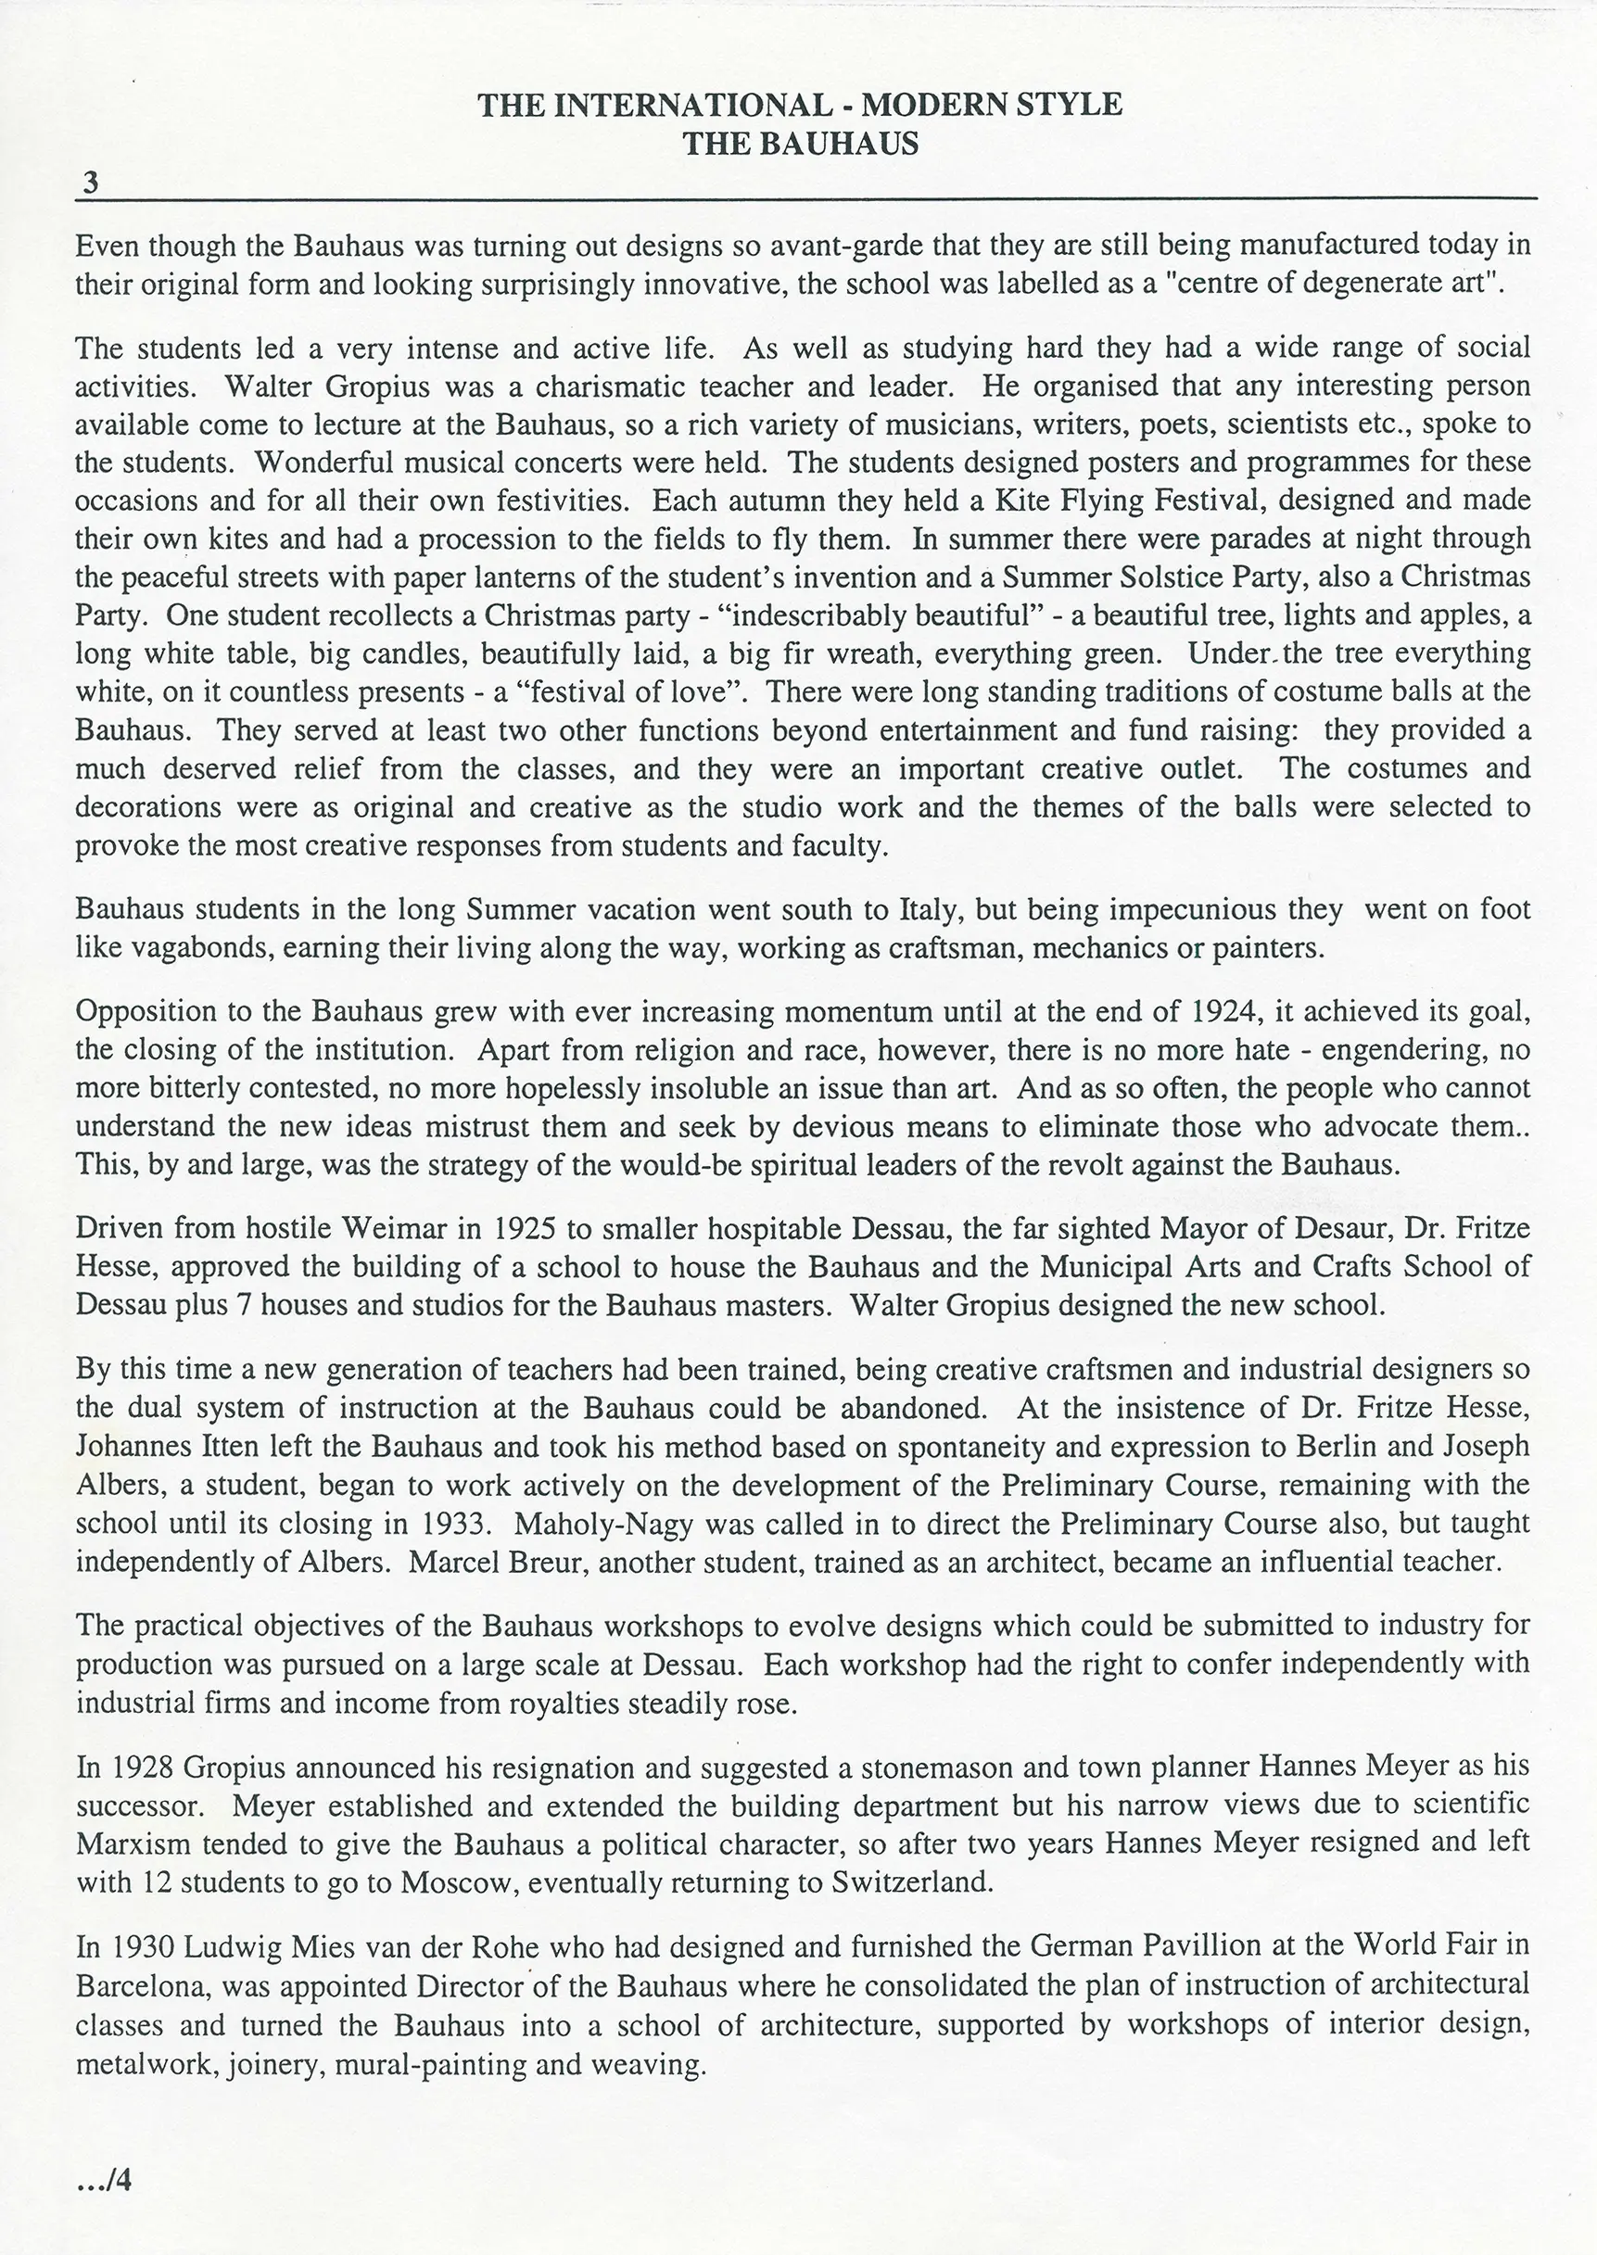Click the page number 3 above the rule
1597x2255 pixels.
tap(91, 182)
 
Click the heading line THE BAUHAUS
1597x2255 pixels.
tap(801, 144)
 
